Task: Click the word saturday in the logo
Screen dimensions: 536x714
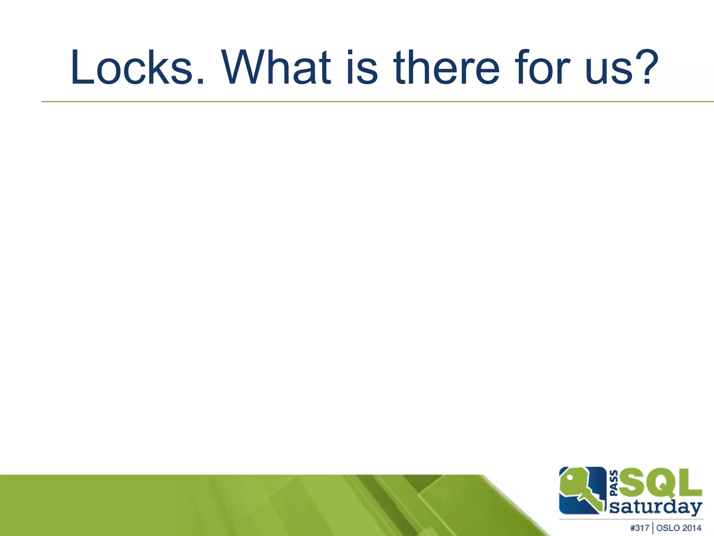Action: coord(655,507)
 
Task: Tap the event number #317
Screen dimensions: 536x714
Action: coord(640,528)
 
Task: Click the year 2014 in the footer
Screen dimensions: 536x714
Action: coord(692,528)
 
